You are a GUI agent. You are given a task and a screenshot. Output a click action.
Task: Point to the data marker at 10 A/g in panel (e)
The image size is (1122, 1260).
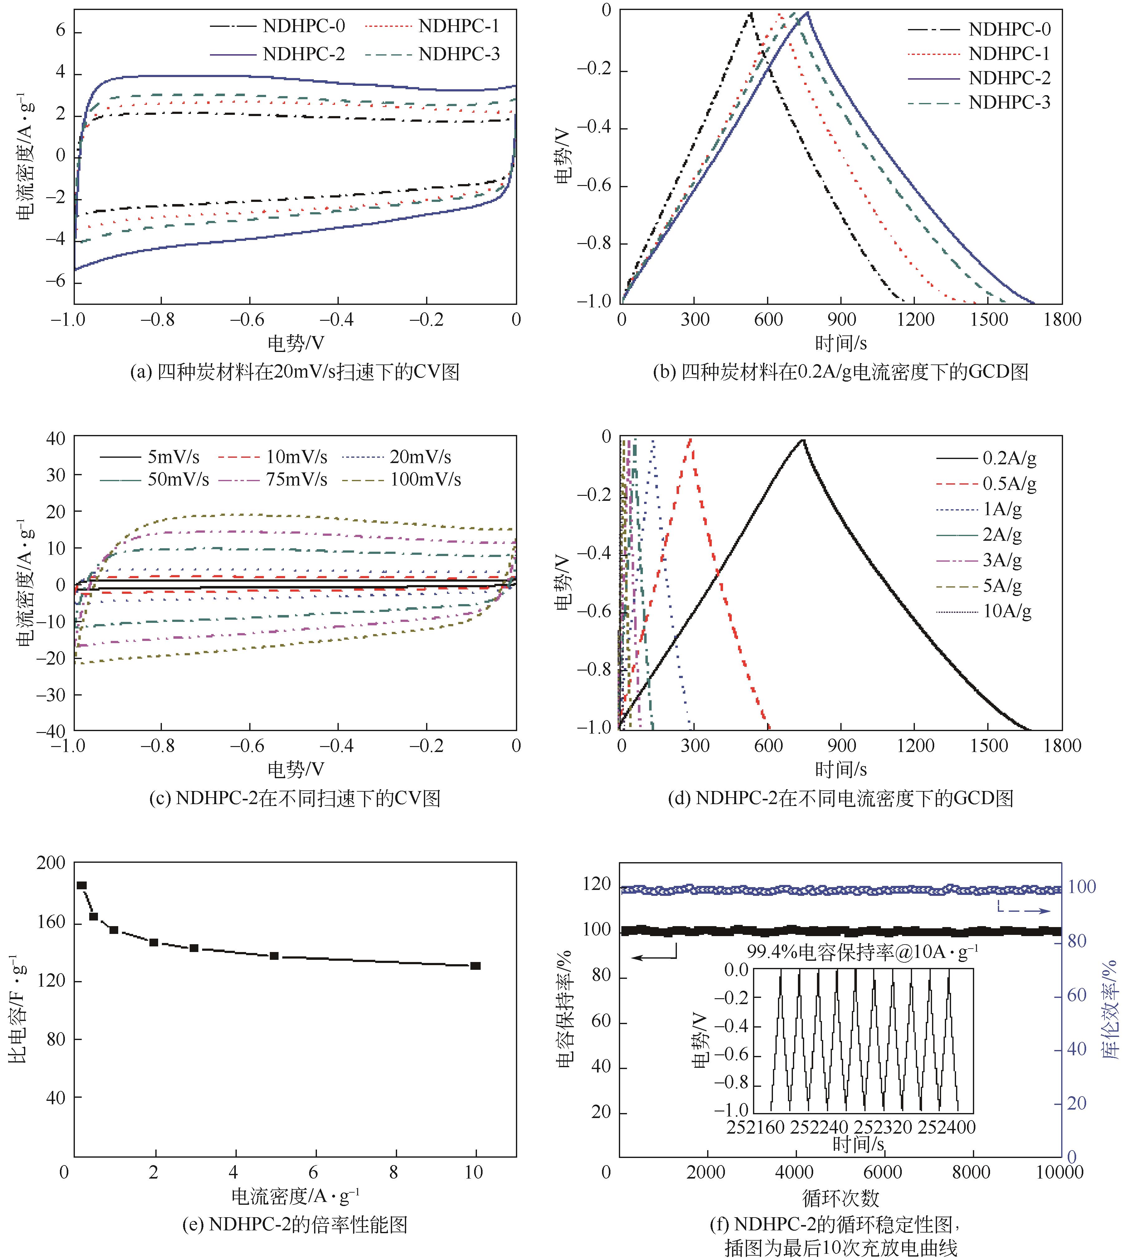pos(475,966)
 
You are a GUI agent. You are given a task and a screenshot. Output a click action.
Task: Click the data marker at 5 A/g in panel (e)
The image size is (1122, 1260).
pos(274,956)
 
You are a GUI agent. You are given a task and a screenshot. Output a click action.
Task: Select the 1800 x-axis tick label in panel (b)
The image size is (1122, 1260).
pos(1062,320)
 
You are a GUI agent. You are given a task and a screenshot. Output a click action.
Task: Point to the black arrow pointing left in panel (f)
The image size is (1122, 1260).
pos(653,957)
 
